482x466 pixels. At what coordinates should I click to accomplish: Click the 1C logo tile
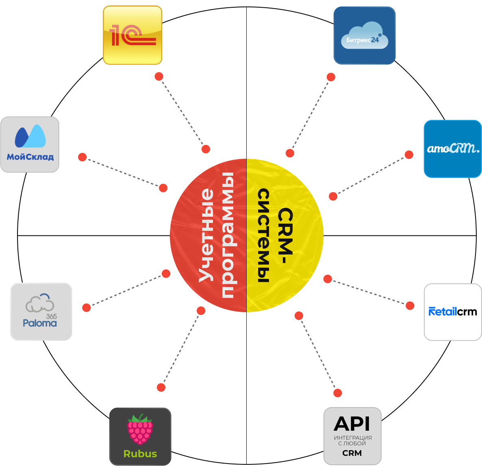coord(132,35)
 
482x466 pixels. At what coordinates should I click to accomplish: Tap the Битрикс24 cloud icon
coord(364,37)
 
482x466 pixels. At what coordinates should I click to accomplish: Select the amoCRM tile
coord(453,149)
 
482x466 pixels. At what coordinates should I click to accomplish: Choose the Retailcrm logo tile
coord(453,312)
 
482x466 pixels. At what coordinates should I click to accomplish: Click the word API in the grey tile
coord(352,424)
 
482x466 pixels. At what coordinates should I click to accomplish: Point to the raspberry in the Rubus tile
coord(140,429)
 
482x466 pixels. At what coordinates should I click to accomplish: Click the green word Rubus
coord(140,454)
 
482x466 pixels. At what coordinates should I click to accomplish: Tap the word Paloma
coord(40,323)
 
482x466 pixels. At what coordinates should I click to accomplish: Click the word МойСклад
coord(30,157)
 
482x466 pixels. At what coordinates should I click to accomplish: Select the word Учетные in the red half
coord(206,235)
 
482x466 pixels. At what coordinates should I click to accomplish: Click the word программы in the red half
coord(227,235)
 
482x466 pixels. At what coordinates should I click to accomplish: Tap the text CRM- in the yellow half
coord(285,235)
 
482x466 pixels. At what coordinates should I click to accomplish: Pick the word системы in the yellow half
coord(264,235)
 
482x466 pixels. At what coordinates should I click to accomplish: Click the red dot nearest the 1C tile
coord(159,76)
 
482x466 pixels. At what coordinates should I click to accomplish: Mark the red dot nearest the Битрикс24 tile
coord(331,77)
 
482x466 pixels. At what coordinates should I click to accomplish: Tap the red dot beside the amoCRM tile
coord(409,155)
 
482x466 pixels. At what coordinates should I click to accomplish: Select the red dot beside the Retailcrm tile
coord(410,306)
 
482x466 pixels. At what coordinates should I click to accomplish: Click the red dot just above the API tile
coord(338,393)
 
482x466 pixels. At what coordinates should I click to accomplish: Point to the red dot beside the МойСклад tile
coord(83,157)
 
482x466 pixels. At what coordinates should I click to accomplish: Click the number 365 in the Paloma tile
coord(51,316)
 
